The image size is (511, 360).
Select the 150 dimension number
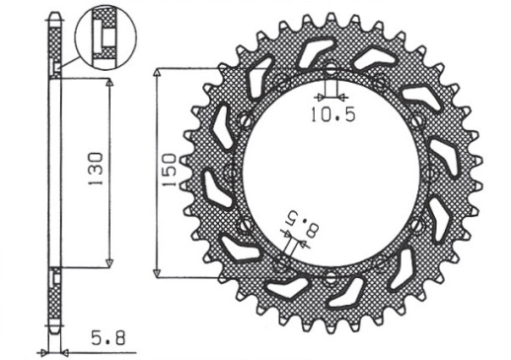click(x=169, y=171)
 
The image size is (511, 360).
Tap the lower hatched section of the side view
click(x=56, y=296)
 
